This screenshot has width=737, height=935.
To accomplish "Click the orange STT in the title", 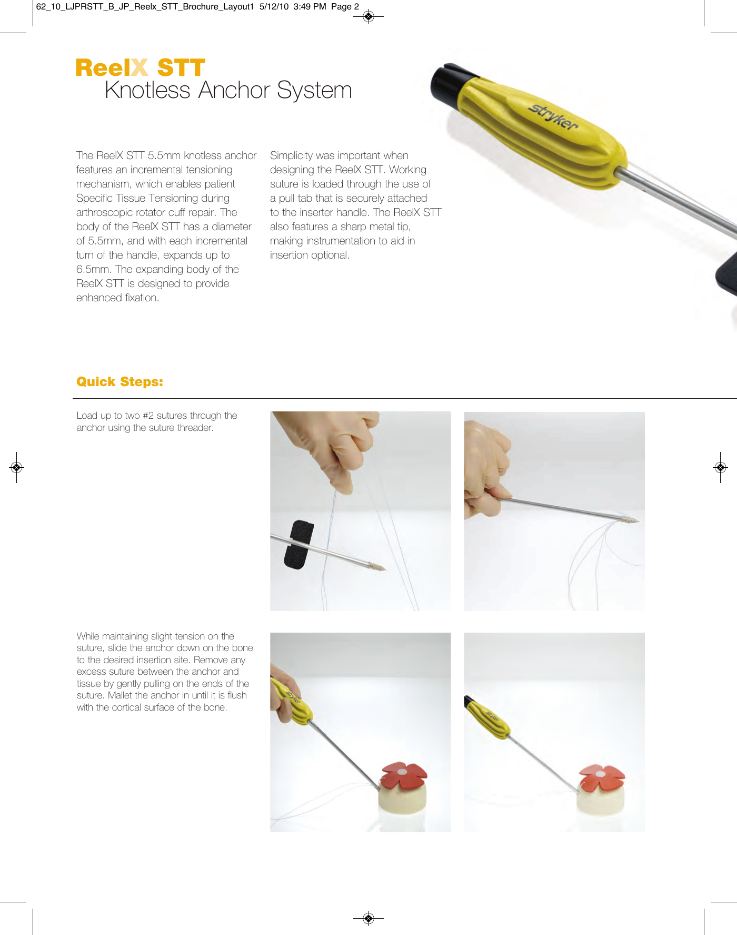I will point(181,68).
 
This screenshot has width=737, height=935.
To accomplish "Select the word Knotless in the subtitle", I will point(147,90).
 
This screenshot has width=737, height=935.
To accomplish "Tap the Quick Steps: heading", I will point(119,381).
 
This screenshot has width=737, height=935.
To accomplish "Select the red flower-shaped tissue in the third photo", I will point(404,774).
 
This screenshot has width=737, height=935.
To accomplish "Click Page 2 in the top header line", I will point(345,7).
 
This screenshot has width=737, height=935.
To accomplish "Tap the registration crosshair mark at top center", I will point(368,17).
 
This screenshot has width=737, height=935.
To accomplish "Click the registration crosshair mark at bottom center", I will point(368,919).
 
